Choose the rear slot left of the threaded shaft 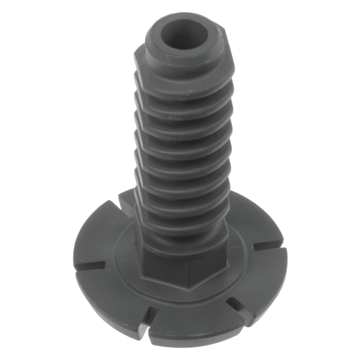pos(125,204)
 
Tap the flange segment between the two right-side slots pos(262,278)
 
